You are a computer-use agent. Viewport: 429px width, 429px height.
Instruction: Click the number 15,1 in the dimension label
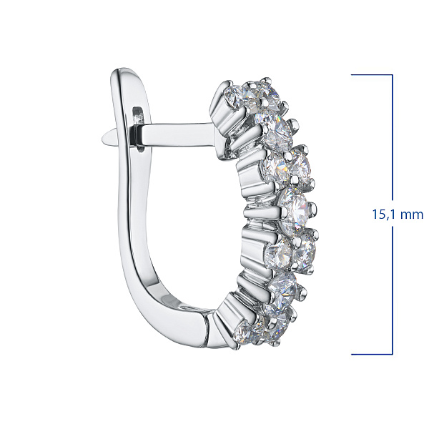tap(383, 214)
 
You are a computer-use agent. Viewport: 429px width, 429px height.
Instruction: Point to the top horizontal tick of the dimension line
tap(372, 74)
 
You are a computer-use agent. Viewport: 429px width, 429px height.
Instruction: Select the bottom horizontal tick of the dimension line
tap(372, 355)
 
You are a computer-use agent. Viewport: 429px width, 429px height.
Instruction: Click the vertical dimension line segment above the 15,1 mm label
tap(393, 137)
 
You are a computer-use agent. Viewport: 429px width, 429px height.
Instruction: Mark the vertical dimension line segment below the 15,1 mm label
tap(393, 290)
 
